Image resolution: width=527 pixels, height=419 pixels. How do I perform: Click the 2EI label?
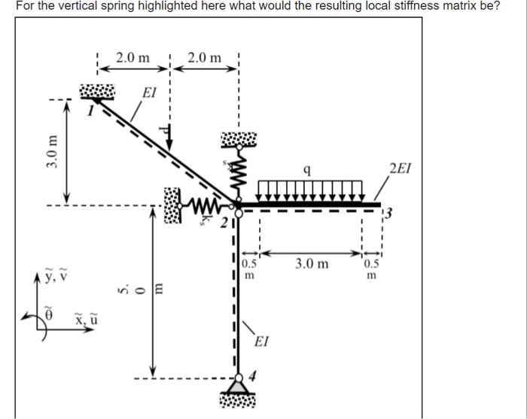coord(400,169)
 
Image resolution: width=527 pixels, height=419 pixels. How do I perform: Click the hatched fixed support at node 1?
coord(97,92)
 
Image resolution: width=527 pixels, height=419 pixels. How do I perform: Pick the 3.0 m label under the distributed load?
coord(312,264)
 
